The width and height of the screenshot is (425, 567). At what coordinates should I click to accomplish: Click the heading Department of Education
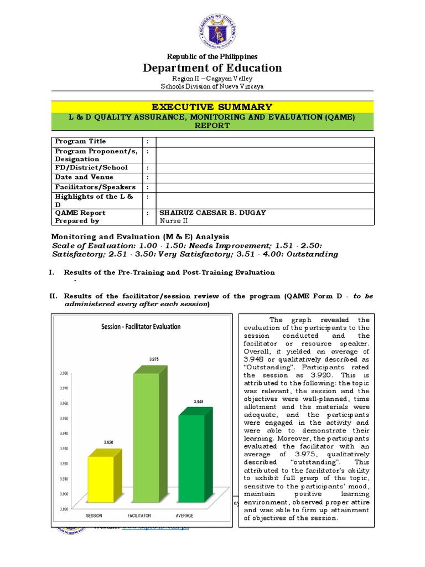point(212,68)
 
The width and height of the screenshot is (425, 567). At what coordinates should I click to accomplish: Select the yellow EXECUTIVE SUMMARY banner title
point(212,107)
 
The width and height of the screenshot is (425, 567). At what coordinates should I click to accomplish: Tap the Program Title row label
point(81,141)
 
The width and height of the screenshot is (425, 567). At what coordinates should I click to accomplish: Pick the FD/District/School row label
point(91,168)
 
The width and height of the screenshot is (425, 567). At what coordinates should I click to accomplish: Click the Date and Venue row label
point(84,177)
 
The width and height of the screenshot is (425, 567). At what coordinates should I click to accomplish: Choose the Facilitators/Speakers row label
point(95,187)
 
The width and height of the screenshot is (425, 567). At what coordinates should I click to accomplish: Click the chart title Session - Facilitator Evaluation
point(141,326)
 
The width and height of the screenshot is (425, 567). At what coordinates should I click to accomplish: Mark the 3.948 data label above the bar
point(199,401)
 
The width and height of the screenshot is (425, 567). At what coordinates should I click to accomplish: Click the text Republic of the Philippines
point(212,56)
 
